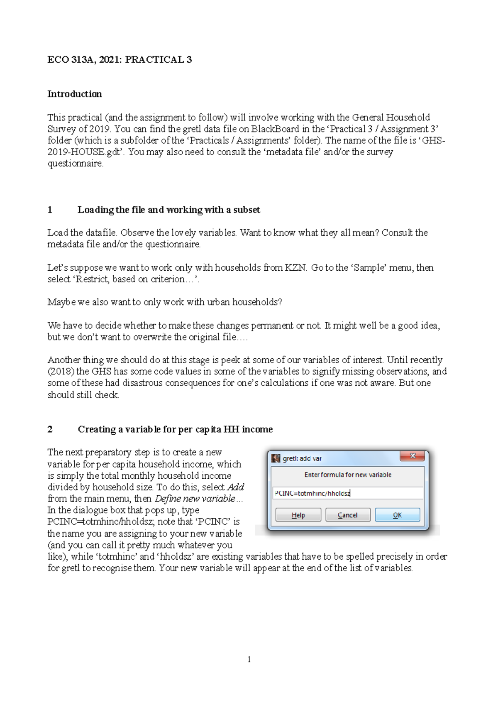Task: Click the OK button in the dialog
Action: pos(397,515)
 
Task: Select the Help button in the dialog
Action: pos(298,515)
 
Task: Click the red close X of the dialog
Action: pos(413,456)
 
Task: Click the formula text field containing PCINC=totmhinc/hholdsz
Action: pos(348,493)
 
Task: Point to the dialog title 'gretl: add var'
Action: pos(302,458)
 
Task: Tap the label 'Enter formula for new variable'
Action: pos(348,475)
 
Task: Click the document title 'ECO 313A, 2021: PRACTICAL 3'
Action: pos(120,59)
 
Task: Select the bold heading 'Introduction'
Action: pos(75,94)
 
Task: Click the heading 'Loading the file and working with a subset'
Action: pos(168,210)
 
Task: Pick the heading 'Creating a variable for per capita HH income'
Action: pos(175,429)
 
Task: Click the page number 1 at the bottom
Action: pos(249,659)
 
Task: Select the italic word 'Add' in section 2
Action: pos(235,487)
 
